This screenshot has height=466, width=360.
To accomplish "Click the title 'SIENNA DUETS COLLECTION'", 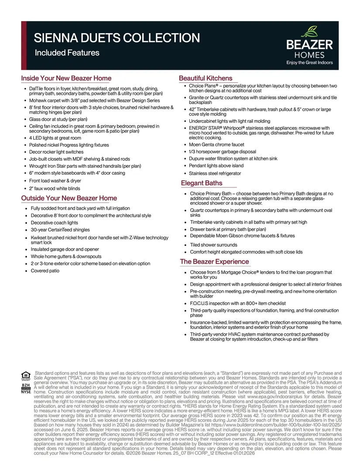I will (117, 38).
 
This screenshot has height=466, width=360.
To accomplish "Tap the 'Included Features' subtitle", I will (67, 53).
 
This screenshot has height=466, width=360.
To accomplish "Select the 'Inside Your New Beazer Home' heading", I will (66, 78).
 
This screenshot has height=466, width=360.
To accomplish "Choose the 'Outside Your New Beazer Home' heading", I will (69, 198).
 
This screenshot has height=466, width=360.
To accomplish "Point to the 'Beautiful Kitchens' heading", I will (206, 78).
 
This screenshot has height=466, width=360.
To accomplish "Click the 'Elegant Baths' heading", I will (202, 183).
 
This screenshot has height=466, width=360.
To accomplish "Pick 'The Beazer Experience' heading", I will (215, 262).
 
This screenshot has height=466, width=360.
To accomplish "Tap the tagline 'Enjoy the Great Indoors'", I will (309, 62).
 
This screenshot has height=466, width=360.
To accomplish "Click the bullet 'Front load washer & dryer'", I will (55, 180).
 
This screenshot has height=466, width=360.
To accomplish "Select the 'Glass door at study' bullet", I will (58, 119).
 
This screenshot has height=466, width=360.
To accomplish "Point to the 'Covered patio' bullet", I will (45, 271).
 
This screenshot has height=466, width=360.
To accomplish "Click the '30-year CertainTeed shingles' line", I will (60, 230).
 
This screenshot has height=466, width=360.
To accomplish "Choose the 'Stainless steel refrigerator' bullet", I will (215, 173).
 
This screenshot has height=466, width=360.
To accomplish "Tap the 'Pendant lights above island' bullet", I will (216, 166).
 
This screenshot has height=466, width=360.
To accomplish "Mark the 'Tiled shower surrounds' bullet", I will (213, 245).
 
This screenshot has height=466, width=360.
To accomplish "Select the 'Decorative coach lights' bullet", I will (54, 223).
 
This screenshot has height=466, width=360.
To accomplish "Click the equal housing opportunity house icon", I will (26, 375).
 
